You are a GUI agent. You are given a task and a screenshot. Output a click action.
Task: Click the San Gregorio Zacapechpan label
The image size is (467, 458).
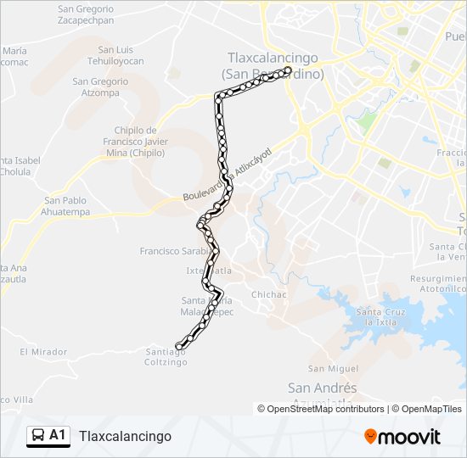coord(85,14)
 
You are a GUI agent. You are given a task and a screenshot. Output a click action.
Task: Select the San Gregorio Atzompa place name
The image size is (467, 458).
coord(100,87)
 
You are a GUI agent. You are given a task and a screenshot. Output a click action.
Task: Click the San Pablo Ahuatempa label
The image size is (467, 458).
coord(66,206)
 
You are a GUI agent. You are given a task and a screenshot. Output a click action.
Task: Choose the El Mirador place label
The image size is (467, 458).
coord(42,351)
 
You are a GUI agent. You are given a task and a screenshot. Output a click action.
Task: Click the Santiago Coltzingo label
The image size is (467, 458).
coord(166,357)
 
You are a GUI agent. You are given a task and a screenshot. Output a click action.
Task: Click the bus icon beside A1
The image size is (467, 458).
coord(37,436)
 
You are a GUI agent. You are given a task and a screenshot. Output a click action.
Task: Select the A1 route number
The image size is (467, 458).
coord(58,435)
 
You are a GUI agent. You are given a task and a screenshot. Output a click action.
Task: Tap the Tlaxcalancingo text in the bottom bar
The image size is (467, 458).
coord(125,436)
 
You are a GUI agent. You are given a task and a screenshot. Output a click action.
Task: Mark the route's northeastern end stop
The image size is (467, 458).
coord(288,70)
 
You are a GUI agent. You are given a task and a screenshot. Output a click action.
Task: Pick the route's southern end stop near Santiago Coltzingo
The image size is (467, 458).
coord(179,344)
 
